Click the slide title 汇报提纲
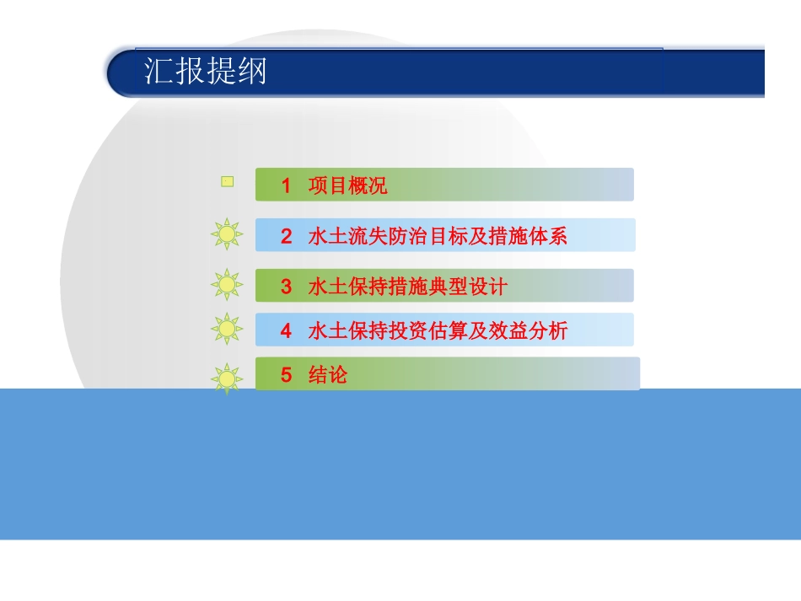pyautogui.click(x=205, y=72)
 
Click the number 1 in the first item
pyautogui.click(x=287, y=186)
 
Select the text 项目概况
pyautogui.click(x=347, y=186)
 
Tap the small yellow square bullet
pyautogui.click(x=227, y=180)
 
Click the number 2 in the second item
pyautogui.click(x=287, y=237)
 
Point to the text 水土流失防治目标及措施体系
pyautogui.click(x=438, y=237)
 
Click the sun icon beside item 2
pyautogui.click(x=227, y=234)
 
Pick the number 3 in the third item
pyautogui.click(x=287, y=287)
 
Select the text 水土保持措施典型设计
pyautogui.click(x=408, y=287)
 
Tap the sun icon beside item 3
pyautogui.click(x=227, y=285)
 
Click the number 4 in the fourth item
pyautogui.click(x=287, y=331)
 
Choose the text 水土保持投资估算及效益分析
pyautogui.click(x=438, y=331)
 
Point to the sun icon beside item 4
pyautogui.click(x=227, y=329)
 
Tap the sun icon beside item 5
pyautogui.click(x=227, y=378)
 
